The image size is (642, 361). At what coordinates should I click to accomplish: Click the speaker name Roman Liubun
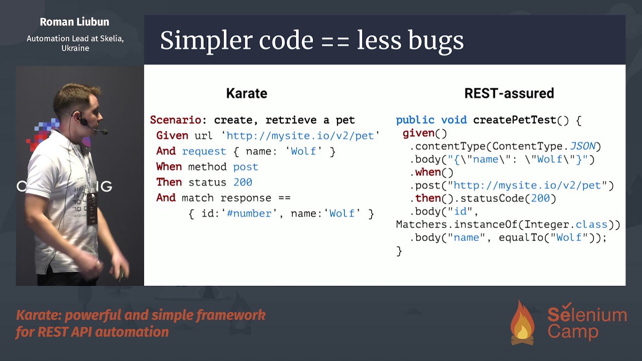pyautogui.click(x=75, y=22)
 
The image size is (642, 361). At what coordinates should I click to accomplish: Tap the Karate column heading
pyautogui.click(x=247, y=93)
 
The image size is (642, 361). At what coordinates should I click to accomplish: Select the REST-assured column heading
pyautogui.click(x=509, y=93)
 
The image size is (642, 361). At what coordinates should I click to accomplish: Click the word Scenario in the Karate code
pyautogui.click(x=176, y=120)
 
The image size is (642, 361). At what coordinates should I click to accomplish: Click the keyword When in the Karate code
pyautogui.click(x=169, y=166)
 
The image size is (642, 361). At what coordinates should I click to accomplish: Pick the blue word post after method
pyautogui.click(x=246, y=167)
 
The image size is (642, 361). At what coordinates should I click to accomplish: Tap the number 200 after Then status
pyautogui.click(x=243, y=182)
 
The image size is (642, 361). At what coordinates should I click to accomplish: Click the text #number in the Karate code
pyautogui.click(x=249, y=214)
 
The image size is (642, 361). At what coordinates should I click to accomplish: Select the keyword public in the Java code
pyautogui.click(x=415, y=120)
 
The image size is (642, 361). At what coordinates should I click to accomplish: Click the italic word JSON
pyautogui.click(x=583, y=146)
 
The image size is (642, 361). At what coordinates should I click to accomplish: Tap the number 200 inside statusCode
pyautogui.click(x=540, y=198)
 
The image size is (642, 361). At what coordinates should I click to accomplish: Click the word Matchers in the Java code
pyautogui.click(x=422, y=224)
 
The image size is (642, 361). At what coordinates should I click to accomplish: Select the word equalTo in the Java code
pyautogui.click(x=521, y=238)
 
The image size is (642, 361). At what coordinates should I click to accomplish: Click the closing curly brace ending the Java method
pyautogui.click(x=399, y=251)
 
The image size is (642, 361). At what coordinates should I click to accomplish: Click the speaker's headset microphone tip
pyautogui.click(x=105, y=132)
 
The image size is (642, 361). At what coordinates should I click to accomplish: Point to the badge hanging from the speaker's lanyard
pyautogui.click(x=92, y=209)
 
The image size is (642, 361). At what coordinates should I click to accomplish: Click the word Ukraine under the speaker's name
pyautogui.click(x=75, y=48)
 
